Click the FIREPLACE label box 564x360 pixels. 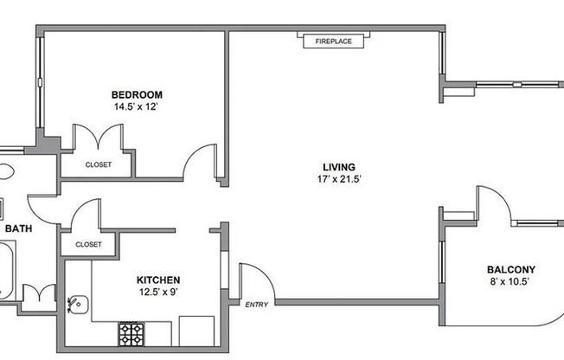[333, 41]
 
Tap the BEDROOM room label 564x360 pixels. [137, 94]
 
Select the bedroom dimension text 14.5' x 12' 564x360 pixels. [137, 106]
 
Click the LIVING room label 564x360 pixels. [339, 167]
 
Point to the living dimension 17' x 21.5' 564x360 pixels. [339, 179]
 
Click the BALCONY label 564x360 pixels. [510, 269]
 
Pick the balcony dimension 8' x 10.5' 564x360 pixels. [510, 281]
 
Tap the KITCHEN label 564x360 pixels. [158, 280]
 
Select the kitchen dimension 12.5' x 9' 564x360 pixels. [158, 292]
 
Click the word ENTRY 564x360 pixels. [256, 305]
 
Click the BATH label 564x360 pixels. [18, 228]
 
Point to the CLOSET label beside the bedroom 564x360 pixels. [99, 164]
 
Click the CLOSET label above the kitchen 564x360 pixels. [88, 244]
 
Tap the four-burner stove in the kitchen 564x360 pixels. [131, 334]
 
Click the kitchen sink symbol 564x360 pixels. [78, 305]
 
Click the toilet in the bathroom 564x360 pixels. [6, 171]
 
